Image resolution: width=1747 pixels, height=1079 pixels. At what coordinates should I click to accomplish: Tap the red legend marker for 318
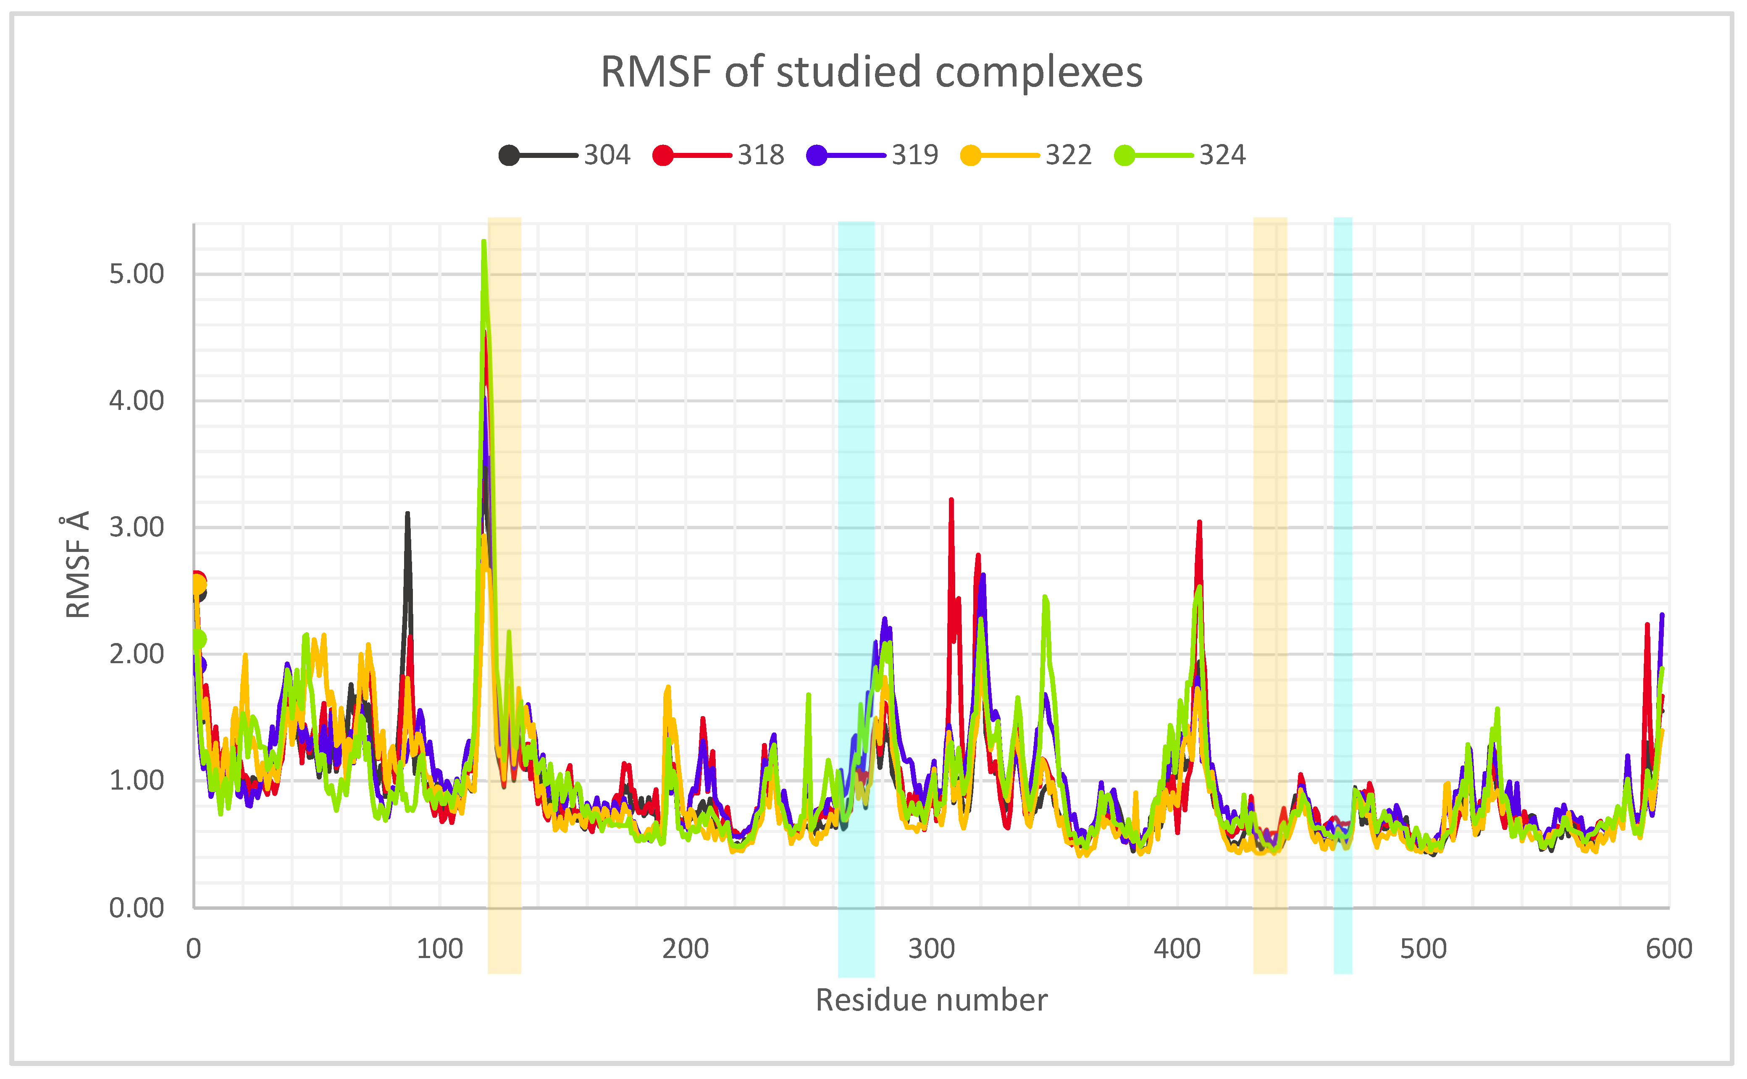pos(663,155)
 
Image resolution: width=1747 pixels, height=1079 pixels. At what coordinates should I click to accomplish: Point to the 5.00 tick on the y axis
pos(136,274)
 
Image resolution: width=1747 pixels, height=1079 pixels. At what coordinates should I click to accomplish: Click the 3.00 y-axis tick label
pos(136,528)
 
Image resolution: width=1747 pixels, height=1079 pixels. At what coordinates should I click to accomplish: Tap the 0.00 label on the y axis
pos(136,908)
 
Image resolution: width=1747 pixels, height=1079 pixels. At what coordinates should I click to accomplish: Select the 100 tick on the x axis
pos(440,949)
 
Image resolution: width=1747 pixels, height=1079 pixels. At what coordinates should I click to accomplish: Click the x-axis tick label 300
pos(931,949)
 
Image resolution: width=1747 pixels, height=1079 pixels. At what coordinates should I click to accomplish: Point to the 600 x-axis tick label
pos(1668,949)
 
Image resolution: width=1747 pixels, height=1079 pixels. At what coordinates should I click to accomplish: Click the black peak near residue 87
pos(407,514)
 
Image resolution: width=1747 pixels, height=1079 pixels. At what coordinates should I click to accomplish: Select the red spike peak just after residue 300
pos(951,500)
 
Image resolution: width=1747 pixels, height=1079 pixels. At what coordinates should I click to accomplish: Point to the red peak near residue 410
pos(1200,522)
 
